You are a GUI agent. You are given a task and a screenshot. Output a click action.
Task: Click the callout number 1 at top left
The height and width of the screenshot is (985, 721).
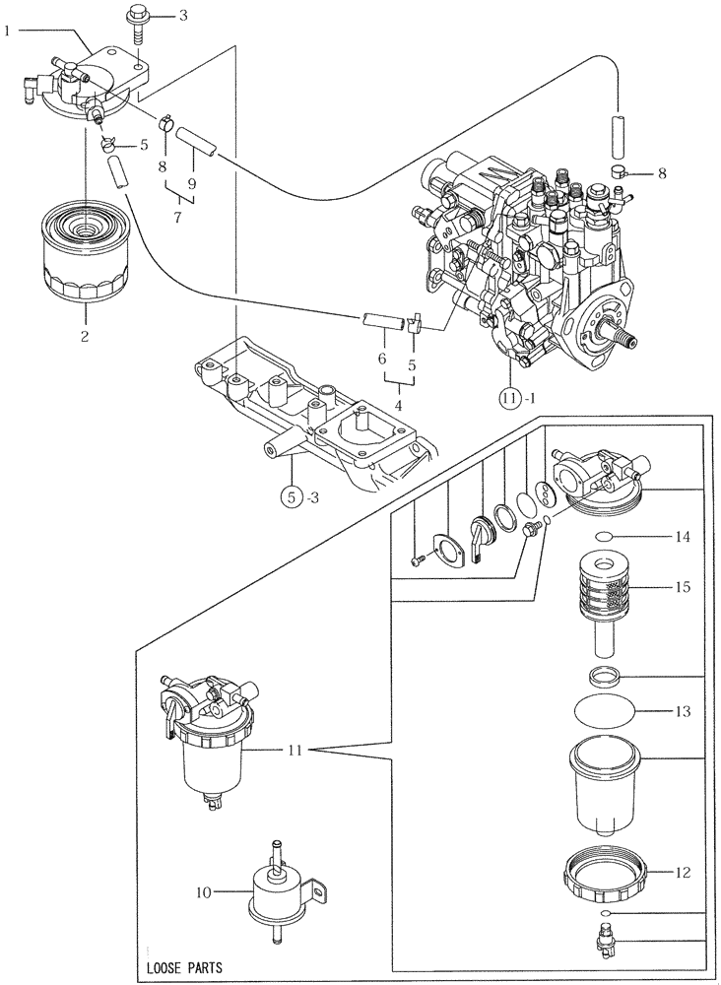click(8, 31)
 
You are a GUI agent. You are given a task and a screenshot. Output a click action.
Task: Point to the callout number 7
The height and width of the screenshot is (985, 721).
click(177, 217)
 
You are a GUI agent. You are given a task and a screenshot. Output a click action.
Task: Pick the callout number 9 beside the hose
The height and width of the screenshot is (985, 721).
click(192, 183)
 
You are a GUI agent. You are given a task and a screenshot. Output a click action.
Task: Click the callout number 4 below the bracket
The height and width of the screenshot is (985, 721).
click(397, 404)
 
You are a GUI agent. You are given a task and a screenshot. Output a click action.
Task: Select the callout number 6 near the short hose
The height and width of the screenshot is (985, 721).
click(381, 361)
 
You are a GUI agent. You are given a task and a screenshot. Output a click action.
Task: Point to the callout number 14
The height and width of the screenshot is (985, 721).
click(684, 538)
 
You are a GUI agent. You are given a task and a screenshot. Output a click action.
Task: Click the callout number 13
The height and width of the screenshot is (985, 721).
click(684, 711)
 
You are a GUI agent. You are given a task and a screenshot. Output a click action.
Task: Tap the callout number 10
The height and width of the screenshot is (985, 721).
click(203, 893)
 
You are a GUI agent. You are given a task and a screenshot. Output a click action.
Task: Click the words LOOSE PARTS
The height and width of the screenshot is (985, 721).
click(183, 968)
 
